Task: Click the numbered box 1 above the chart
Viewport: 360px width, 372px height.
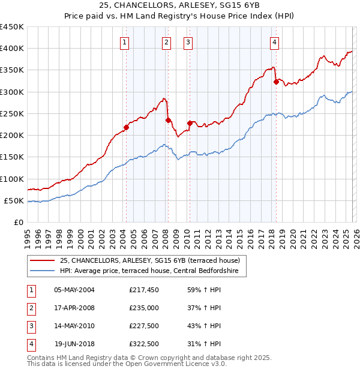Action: [x=124, y=42]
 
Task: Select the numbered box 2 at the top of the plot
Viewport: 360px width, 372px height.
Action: [x=166, y=42]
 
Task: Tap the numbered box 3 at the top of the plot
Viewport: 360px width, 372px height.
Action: [x=188, y=42]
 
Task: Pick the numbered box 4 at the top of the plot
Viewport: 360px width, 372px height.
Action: [x=274, y=42]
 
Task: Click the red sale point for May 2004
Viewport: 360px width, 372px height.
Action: [x=127, y=127]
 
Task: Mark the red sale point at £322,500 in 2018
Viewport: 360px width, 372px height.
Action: [x=276, y=82]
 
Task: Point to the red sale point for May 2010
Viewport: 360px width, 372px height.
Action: [x=190, y=123]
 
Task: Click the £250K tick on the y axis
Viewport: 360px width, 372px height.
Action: [x=12, y=114]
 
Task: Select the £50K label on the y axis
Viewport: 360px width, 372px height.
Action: [x=14, y=201]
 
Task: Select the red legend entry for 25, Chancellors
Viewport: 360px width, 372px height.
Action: [x=149, y=260]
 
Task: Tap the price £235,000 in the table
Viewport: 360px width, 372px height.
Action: [x=144, y=307]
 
